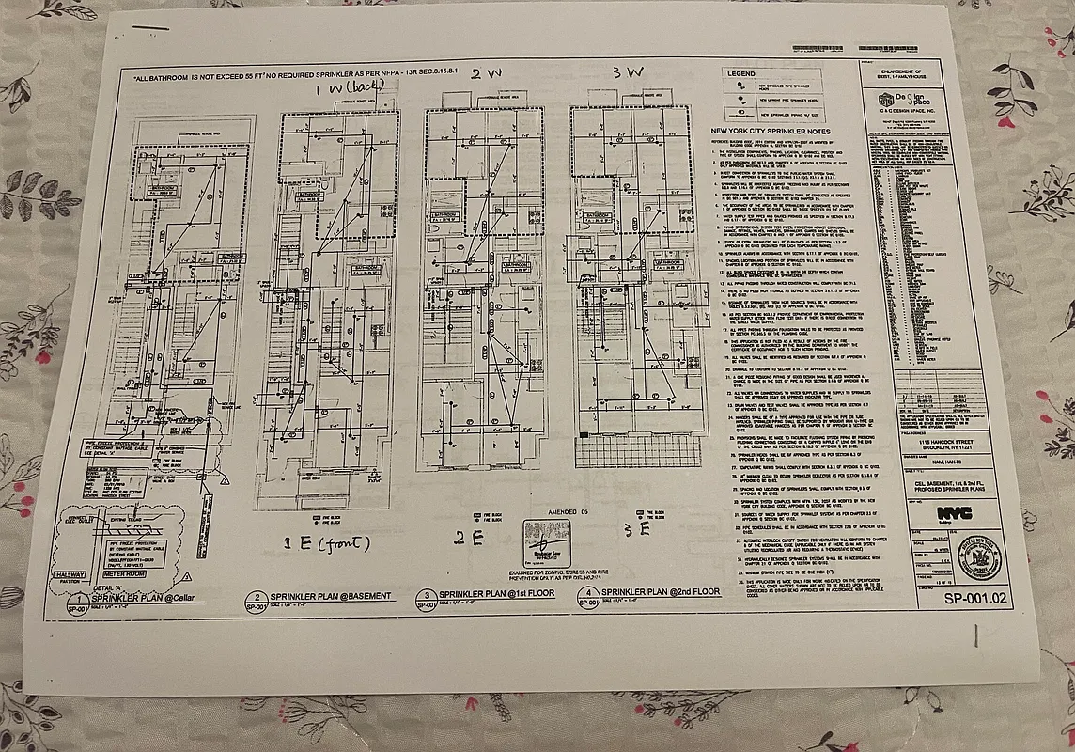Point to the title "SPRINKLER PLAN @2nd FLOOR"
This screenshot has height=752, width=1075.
[x=662, y=592]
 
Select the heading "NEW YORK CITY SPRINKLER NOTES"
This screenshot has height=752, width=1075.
[x=771, y=132]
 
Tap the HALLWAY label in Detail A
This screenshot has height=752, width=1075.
[x=70, y=574]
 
